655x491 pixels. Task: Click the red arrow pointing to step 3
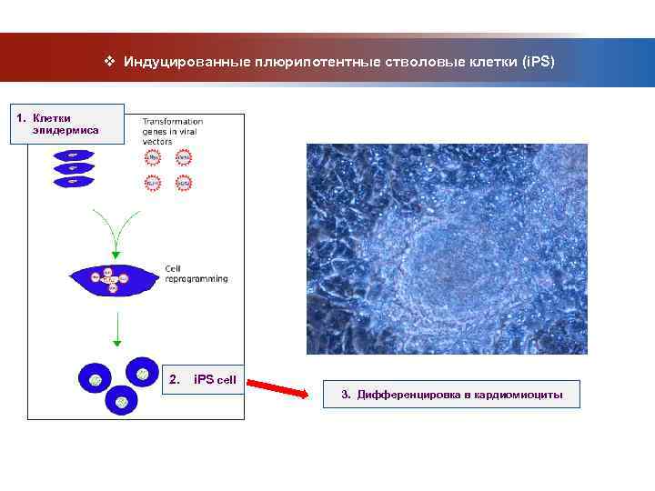(278, 386)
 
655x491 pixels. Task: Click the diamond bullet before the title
(109, 61)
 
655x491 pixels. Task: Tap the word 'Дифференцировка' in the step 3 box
(406, 395)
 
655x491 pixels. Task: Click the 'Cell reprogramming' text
(196, 274)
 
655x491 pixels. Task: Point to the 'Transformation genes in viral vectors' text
(172, 132)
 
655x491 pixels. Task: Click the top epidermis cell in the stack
(73, 155)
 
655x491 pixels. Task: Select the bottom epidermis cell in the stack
(73, 181)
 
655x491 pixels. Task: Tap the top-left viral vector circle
(153, 156)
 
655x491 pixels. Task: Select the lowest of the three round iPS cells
(121, 400)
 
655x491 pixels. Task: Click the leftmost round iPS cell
(94, 377)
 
